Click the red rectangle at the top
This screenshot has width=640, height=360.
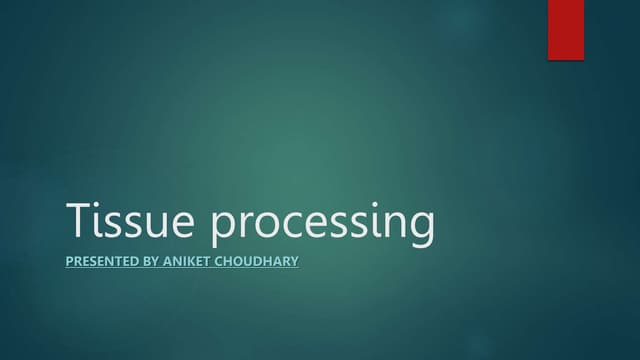[565, 29]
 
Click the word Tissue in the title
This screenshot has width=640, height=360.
[135, 222]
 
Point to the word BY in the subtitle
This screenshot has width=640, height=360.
[150, 262]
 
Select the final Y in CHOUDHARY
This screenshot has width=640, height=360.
[293, 262]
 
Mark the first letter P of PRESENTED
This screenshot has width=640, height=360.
[69, 262]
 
